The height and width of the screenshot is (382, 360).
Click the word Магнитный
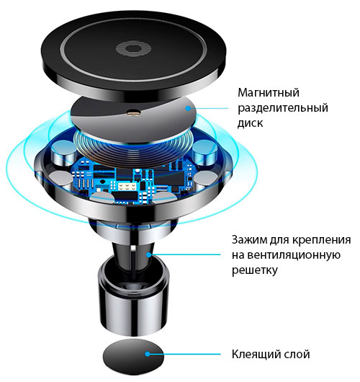tap(269, 93)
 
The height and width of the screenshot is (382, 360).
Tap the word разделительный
tap(283, 108)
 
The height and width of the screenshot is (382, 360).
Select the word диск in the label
tap(251, 123)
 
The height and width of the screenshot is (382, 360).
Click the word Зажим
tap(249, 240)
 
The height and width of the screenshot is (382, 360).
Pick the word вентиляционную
tap(294, 256)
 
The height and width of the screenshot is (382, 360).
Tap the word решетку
tap(254, 271)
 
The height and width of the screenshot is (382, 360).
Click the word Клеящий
tap(255, 355)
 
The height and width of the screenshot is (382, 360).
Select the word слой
tap(297, 354)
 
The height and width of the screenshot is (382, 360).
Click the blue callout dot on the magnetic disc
tap(188, 108)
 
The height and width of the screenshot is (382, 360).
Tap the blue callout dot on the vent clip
tap(149, 255)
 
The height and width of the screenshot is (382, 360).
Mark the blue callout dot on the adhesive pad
tap(148, 354)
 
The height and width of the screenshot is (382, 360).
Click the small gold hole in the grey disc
tap(134, 112)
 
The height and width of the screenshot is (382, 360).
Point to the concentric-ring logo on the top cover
tap(133, 48)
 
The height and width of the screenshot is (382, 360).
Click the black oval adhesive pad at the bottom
tap(133, 357)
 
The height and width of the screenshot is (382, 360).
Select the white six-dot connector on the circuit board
tap(127, 187)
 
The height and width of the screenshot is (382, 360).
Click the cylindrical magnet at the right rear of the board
tap(204, 151)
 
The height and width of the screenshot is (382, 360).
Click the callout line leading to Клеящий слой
tap(184, 354)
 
